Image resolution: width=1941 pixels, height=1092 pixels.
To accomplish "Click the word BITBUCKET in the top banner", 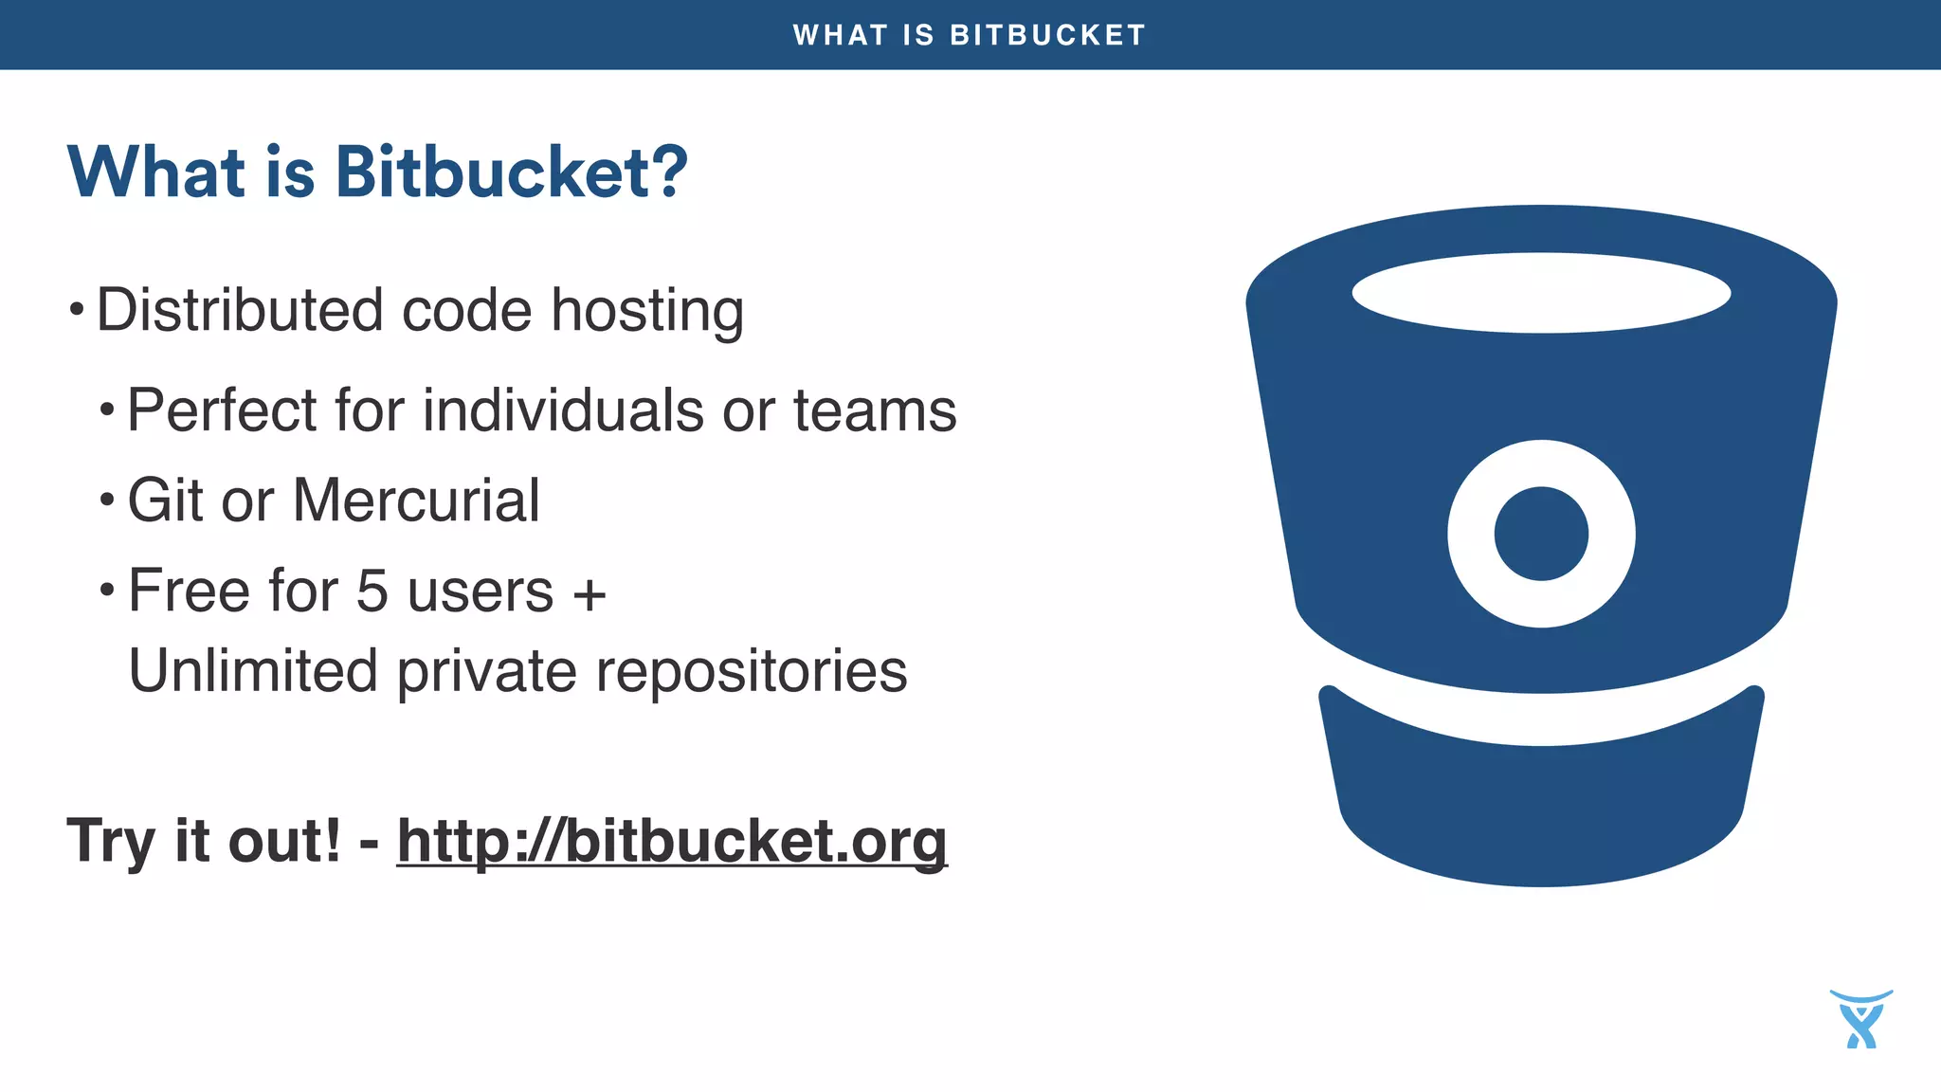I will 1047,35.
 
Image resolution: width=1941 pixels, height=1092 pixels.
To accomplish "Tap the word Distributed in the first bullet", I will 239,310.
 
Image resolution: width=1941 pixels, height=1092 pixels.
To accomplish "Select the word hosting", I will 647,312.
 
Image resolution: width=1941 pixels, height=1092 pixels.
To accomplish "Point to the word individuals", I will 563,410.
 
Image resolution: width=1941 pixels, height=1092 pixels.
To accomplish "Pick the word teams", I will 874,411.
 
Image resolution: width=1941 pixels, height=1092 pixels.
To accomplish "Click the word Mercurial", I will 416,500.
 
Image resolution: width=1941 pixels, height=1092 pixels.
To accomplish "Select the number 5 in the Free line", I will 372,591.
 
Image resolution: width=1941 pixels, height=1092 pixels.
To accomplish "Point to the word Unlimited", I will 253,671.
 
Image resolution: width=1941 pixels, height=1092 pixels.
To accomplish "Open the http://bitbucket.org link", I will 672,841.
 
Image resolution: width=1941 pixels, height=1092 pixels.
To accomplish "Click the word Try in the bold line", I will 109,842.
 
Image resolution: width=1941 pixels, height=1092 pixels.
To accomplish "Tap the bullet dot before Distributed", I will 77,310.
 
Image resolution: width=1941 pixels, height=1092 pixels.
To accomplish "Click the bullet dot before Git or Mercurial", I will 107,500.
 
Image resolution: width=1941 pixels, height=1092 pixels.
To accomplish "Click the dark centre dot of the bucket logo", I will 1541,534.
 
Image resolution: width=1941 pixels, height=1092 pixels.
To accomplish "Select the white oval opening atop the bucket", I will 1541,293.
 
